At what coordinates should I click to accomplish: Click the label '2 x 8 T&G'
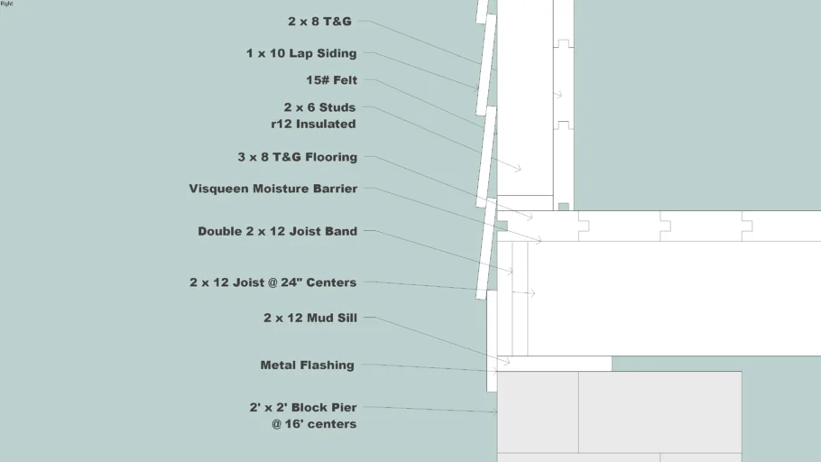click(x=319, y=22)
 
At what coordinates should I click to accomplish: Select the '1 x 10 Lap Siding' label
click(x=301, y=53)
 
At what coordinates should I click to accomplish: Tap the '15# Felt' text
click(x=331, y=80)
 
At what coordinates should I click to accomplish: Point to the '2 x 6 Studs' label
click(x=319, y=107)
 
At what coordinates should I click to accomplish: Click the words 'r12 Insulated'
click(x=313, y=125)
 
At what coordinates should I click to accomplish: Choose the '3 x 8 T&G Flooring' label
click(x=298, y=157)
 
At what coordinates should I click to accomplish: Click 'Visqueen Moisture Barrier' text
click(x=273, y=189)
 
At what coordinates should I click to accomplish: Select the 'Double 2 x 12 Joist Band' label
click(x=278, y=232)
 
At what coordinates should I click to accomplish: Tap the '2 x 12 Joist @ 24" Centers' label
click(x=272, y=282)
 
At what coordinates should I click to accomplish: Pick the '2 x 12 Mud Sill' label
click(x=310, y=318)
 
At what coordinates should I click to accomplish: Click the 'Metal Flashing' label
click(x=308, y=365)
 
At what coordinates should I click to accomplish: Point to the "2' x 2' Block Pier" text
click(x=303, y=408)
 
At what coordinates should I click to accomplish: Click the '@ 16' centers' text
click(x=314, y=424)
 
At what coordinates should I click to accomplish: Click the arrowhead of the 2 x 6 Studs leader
click(x=519, y=169)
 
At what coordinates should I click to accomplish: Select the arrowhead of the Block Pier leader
click(x=494, y=411)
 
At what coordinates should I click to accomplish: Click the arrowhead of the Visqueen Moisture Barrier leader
click(x=539, y=240)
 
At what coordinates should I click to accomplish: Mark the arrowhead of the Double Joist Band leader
click(x=510, y=272)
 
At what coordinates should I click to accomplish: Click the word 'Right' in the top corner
click(x=6, y=3)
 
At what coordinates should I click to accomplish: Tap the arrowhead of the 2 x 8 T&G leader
click(x=494, y=69)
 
